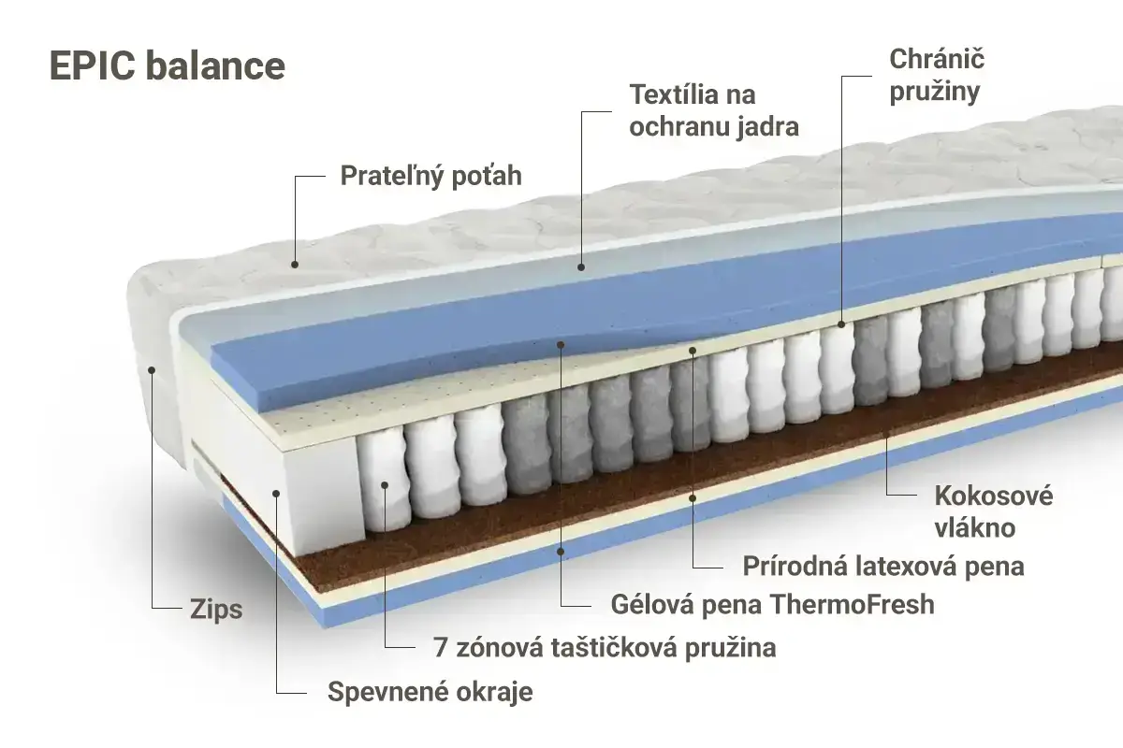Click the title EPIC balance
click(x=168, y=65)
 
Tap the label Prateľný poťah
click(x=431, y=176)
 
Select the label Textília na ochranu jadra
click(x=714, y=110)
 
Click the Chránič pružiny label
click(x=937, y=76)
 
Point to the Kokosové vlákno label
click(x=993, y=511)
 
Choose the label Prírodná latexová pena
click(x=882, y=567)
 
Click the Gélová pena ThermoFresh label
click(x=773, y=604)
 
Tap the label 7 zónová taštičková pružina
click(x=605, y=648)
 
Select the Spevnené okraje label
click(x=430, y=692)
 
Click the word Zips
click(x=216, y=610)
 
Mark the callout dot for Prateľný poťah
click(x=295, y=264)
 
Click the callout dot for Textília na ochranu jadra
click(x=581, y=267)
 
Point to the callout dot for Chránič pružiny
click(x=841, y=324)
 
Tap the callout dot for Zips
click(x=152, y=369)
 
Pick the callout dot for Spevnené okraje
click(x=276, y=494)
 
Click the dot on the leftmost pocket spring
click(x=385, y=485)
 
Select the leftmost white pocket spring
click(x=384, y=481)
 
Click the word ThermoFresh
click(x=853, y=604)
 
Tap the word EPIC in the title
click(x=93, y=65)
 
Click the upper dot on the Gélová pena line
click(x=561, y=345)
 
